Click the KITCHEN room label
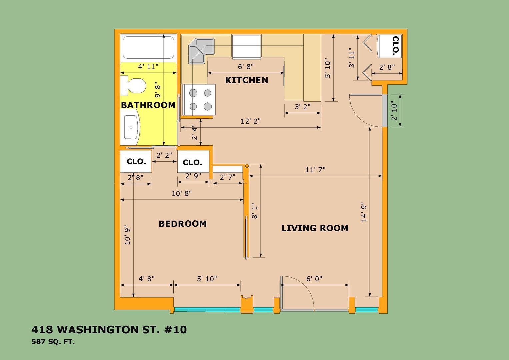[247, 80]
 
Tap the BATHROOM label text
[148, 105]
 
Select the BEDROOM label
[183, 224]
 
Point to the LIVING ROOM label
[315, 228]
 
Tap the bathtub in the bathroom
[148, 48]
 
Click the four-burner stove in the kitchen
[199, 100]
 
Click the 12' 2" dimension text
[251, 121]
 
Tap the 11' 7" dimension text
[315, 170]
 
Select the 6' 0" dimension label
[314, 279]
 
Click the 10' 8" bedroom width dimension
[182, 193]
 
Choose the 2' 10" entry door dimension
[394, 111]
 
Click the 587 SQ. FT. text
[53, 342]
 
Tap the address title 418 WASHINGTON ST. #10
[109, 330]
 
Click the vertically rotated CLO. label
[396, 46]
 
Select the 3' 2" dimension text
[302, 106]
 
